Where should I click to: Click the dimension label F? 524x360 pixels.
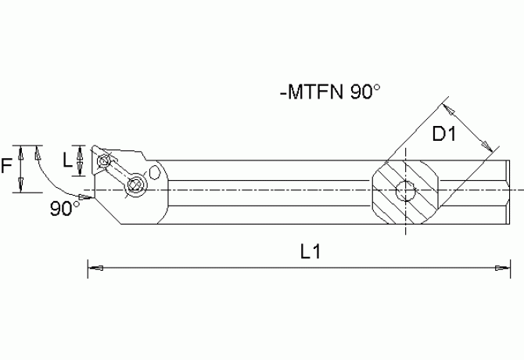coord(7,166)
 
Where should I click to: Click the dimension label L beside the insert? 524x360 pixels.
coord(67,160)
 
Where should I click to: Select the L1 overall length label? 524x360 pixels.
coord(311,252)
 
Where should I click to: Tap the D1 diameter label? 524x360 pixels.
coord(444,135)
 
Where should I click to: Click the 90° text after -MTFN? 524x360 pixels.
coord(364,92)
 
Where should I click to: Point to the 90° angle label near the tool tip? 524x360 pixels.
coord(65,209)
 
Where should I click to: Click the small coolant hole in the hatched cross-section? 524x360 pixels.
coord(405,189)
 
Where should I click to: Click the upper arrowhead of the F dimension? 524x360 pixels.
coord(22,151)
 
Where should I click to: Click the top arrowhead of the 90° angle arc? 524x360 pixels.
coord(38,151)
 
